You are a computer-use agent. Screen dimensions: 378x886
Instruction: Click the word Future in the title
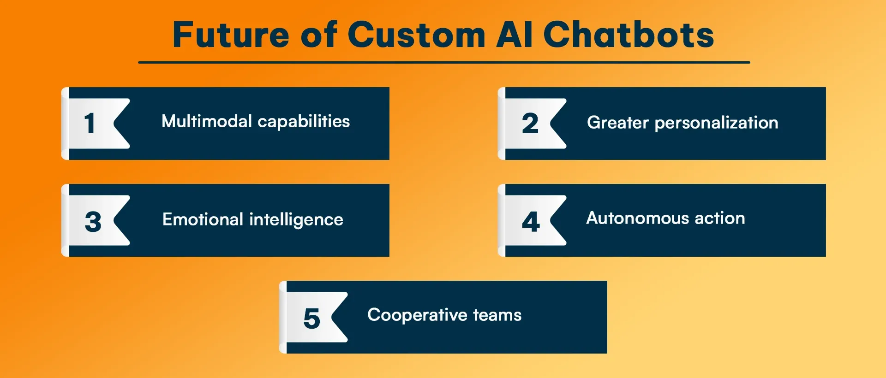point(231,35)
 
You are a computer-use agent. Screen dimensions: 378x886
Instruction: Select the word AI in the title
point(514,35)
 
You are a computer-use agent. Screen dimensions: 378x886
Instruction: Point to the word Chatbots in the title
point(629,35)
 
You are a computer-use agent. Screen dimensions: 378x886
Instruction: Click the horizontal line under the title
point(444,62)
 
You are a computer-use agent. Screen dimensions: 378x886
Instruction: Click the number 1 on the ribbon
point(90,124)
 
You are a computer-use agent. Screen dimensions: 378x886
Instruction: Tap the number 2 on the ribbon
point(530,124)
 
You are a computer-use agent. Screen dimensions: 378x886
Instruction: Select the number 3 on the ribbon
point(93,221)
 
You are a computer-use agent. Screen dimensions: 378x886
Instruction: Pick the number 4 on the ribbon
point(531,221)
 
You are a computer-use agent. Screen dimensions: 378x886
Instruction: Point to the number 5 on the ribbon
point(311,319)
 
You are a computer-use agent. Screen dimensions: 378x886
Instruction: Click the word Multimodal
point(206,121)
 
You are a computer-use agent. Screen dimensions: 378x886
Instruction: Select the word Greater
point(617,123)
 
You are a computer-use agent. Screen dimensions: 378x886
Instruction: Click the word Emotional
point(203,219)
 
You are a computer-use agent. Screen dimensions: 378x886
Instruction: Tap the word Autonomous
point(637,218)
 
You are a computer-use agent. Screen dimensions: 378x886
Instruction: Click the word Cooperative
point(417,315)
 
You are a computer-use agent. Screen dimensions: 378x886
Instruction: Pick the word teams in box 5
point(497,315)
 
